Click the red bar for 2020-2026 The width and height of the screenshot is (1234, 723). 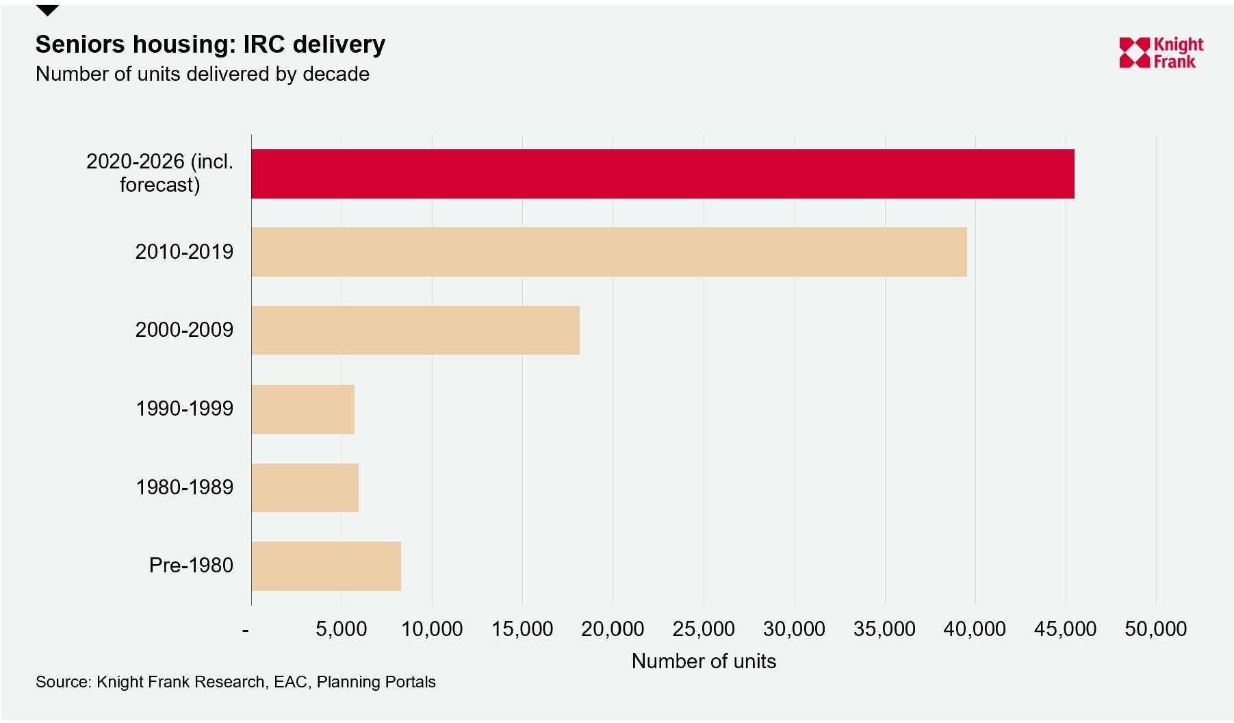663,174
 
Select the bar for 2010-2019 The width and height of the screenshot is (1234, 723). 609,252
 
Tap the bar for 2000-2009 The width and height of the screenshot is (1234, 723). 415,330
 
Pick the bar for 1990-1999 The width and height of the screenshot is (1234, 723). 303,409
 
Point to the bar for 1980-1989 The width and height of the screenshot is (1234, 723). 305,487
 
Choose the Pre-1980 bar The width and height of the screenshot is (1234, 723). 326,566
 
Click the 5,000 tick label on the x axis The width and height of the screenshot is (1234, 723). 341,629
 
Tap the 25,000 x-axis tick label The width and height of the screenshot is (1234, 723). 703,629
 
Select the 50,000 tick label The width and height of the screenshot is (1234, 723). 1155,629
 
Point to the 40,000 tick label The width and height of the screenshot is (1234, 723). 975,629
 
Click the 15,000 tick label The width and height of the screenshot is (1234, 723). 522,629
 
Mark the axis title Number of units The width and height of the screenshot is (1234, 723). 704,661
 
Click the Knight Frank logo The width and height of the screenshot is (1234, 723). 1161,53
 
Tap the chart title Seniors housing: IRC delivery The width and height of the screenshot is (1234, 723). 210,45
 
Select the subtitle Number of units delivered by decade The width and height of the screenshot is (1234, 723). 203,74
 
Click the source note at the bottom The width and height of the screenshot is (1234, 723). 235,682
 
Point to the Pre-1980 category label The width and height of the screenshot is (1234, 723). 191,566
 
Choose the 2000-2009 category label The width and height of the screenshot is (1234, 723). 184,330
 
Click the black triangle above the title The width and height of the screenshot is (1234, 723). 47,10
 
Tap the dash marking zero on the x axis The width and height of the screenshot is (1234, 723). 245,630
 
